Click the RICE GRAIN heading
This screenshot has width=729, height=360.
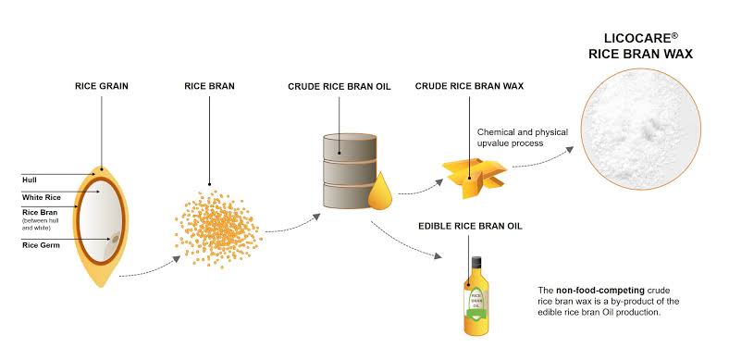click(102, 86)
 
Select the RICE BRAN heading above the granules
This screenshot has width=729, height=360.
click(209, 86)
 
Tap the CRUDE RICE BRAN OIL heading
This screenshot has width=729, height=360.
click(340, 86)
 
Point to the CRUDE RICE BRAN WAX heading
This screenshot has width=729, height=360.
click(469, 86)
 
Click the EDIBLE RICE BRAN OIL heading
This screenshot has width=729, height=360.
click(470, 226)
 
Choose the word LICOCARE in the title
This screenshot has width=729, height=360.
click(635, 38)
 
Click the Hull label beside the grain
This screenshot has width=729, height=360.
click(29, 180)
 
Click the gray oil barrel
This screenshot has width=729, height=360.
click(350, 170)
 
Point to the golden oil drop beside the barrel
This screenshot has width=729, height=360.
click(380, 192)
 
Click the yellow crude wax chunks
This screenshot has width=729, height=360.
click(475, 177)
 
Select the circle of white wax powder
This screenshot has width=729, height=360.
click(641, 129)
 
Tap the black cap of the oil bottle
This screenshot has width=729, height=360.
click(476, 262)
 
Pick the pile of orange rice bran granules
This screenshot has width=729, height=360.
click(217, 229)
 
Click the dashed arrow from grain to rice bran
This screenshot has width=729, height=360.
click(150, 268)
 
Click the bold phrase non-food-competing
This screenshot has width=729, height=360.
click(599, 291)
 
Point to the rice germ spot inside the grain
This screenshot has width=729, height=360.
click(115, 239)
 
